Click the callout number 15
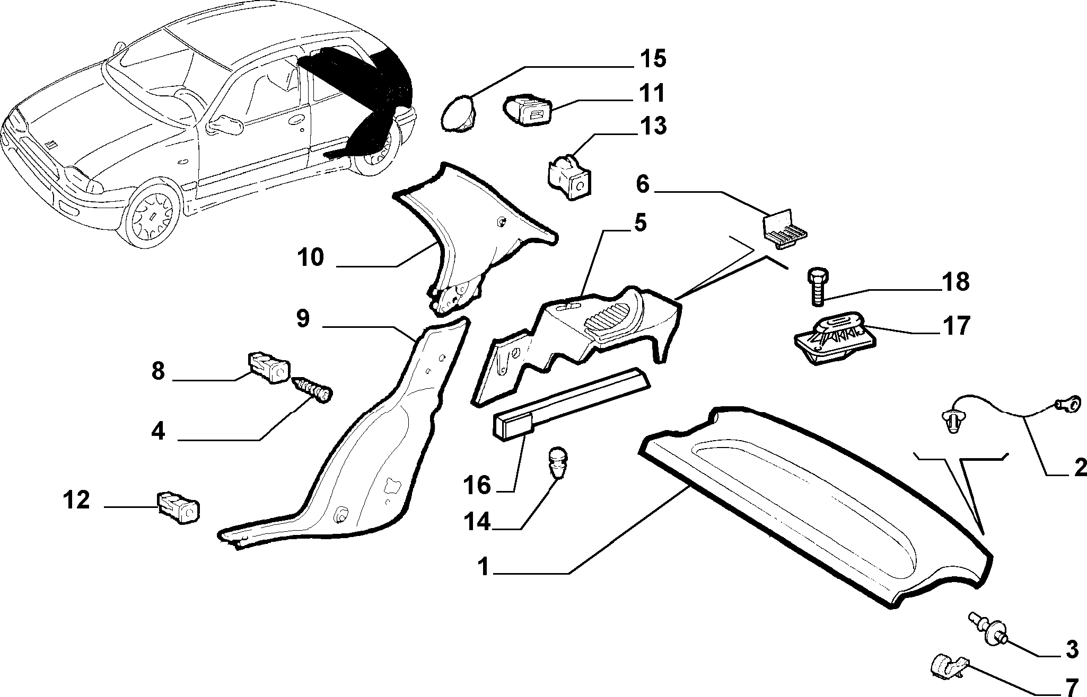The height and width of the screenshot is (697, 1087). click(x=652, y=59)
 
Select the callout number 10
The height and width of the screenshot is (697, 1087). click(x=310, y=258)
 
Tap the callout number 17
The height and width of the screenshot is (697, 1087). click(x=956, y=326)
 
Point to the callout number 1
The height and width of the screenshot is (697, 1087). click(x=483, y=567)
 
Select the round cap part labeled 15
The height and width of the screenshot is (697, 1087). click(x=459, y=113)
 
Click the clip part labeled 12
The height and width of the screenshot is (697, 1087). click(x=178, y=506)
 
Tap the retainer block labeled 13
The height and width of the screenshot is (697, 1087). click(x=569, y=176)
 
